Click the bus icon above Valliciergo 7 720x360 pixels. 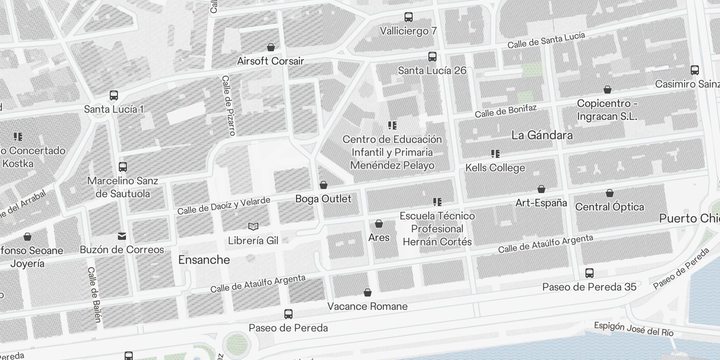[x=408, y=17]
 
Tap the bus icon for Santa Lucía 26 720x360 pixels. [x=432, y=57]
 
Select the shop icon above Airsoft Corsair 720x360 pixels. [x=271, y=47]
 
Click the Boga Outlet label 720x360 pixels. [x=323, y=198]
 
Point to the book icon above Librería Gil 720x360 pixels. [x=253, y=226]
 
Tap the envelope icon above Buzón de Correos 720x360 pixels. [x=121, y=236]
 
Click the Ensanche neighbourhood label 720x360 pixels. [x=204, y=260]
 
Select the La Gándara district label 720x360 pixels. [x=542, y=135]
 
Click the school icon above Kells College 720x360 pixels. [x=495, y=154]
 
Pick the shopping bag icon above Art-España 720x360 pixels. [x=541, y=189]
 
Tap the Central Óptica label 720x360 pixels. [x=609, y=207]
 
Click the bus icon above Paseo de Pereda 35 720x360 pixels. [x=589, y=273]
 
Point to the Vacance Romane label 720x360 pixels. [x=367, y=306]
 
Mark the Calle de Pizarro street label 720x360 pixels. [x=229, y=105]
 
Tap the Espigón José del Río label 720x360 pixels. [x=633, y=329]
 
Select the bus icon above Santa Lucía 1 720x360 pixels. [x=114, y=95]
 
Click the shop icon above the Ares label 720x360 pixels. [x=378, y=224]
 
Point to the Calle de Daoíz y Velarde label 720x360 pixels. [x=224, y=205]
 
